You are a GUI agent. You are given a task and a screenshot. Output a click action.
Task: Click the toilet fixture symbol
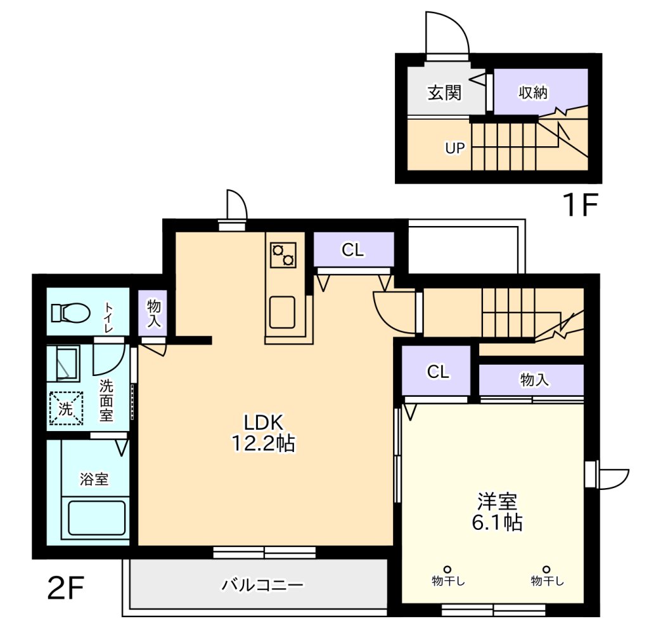[70, 313]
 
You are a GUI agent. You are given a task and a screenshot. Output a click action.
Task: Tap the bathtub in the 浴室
[97, 518]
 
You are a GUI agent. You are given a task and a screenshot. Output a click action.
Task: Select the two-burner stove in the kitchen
[283, 255]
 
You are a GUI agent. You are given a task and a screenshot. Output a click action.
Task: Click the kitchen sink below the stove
[282, 312]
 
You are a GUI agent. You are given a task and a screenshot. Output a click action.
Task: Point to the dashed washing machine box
[66, 408]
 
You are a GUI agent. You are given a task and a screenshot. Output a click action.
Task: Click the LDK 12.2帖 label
[263, 433]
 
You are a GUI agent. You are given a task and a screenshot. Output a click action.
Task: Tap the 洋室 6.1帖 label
[497, 512]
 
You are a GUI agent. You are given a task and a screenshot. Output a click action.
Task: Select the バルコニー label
[262, 584]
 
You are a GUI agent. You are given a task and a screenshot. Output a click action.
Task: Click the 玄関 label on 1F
[444, 92]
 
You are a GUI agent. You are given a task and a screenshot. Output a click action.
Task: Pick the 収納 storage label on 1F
[533, 92]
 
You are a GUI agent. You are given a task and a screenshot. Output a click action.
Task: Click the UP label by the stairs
[455, 148]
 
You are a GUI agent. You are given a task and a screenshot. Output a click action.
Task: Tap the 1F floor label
[580, 204]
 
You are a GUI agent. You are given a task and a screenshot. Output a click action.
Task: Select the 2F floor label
[66, 588]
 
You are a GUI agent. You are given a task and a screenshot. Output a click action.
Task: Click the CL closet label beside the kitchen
[352, 249]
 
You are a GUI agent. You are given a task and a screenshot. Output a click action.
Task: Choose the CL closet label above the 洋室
[438, 372]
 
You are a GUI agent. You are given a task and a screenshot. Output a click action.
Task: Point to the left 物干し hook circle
[447, 570]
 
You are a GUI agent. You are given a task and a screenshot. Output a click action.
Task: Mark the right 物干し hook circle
[546, 570]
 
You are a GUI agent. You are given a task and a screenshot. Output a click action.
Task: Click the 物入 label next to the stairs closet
[534, 380]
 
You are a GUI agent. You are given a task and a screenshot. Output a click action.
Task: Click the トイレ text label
[108, 318]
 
